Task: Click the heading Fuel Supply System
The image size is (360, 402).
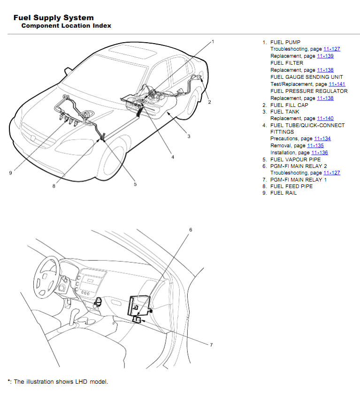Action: click(x=54, y=18)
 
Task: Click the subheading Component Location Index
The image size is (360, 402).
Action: click(x=66, y=26)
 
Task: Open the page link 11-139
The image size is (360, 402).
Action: click(x=325, y=56)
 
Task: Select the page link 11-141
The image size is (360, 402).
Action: click(x=337, y=84)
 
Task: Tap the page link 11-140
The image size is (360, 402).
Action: click(x=325, y=119)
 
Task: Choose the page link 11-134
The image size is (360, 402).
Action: click(x=322, y=139)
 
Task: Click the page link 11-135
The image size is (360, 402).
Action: click(x=315, y=146)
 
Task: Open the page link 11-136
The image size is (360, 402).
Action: click(x=320, y=153)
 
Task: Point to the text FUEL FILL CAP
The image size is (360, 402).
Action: click(x=289, y=105)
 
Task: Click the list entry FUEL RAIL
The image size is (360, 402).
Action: click(x=283, y=193)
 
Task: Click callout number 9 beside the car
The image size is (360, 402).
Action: click(x=10, y=173)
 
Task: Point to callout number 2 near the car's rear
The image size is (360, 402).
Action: click(x=209, y=102)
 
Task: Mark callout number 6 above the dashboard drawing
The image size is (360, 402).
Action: click(x=191, y=230)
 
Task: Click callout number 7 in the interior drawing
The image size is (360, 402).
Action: click(x=211, y=345)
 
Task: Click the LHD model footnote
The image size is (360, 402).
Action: click(x=58, y=382)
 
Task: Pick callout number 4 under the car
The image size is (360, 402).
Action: click(x=172, y=157)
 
